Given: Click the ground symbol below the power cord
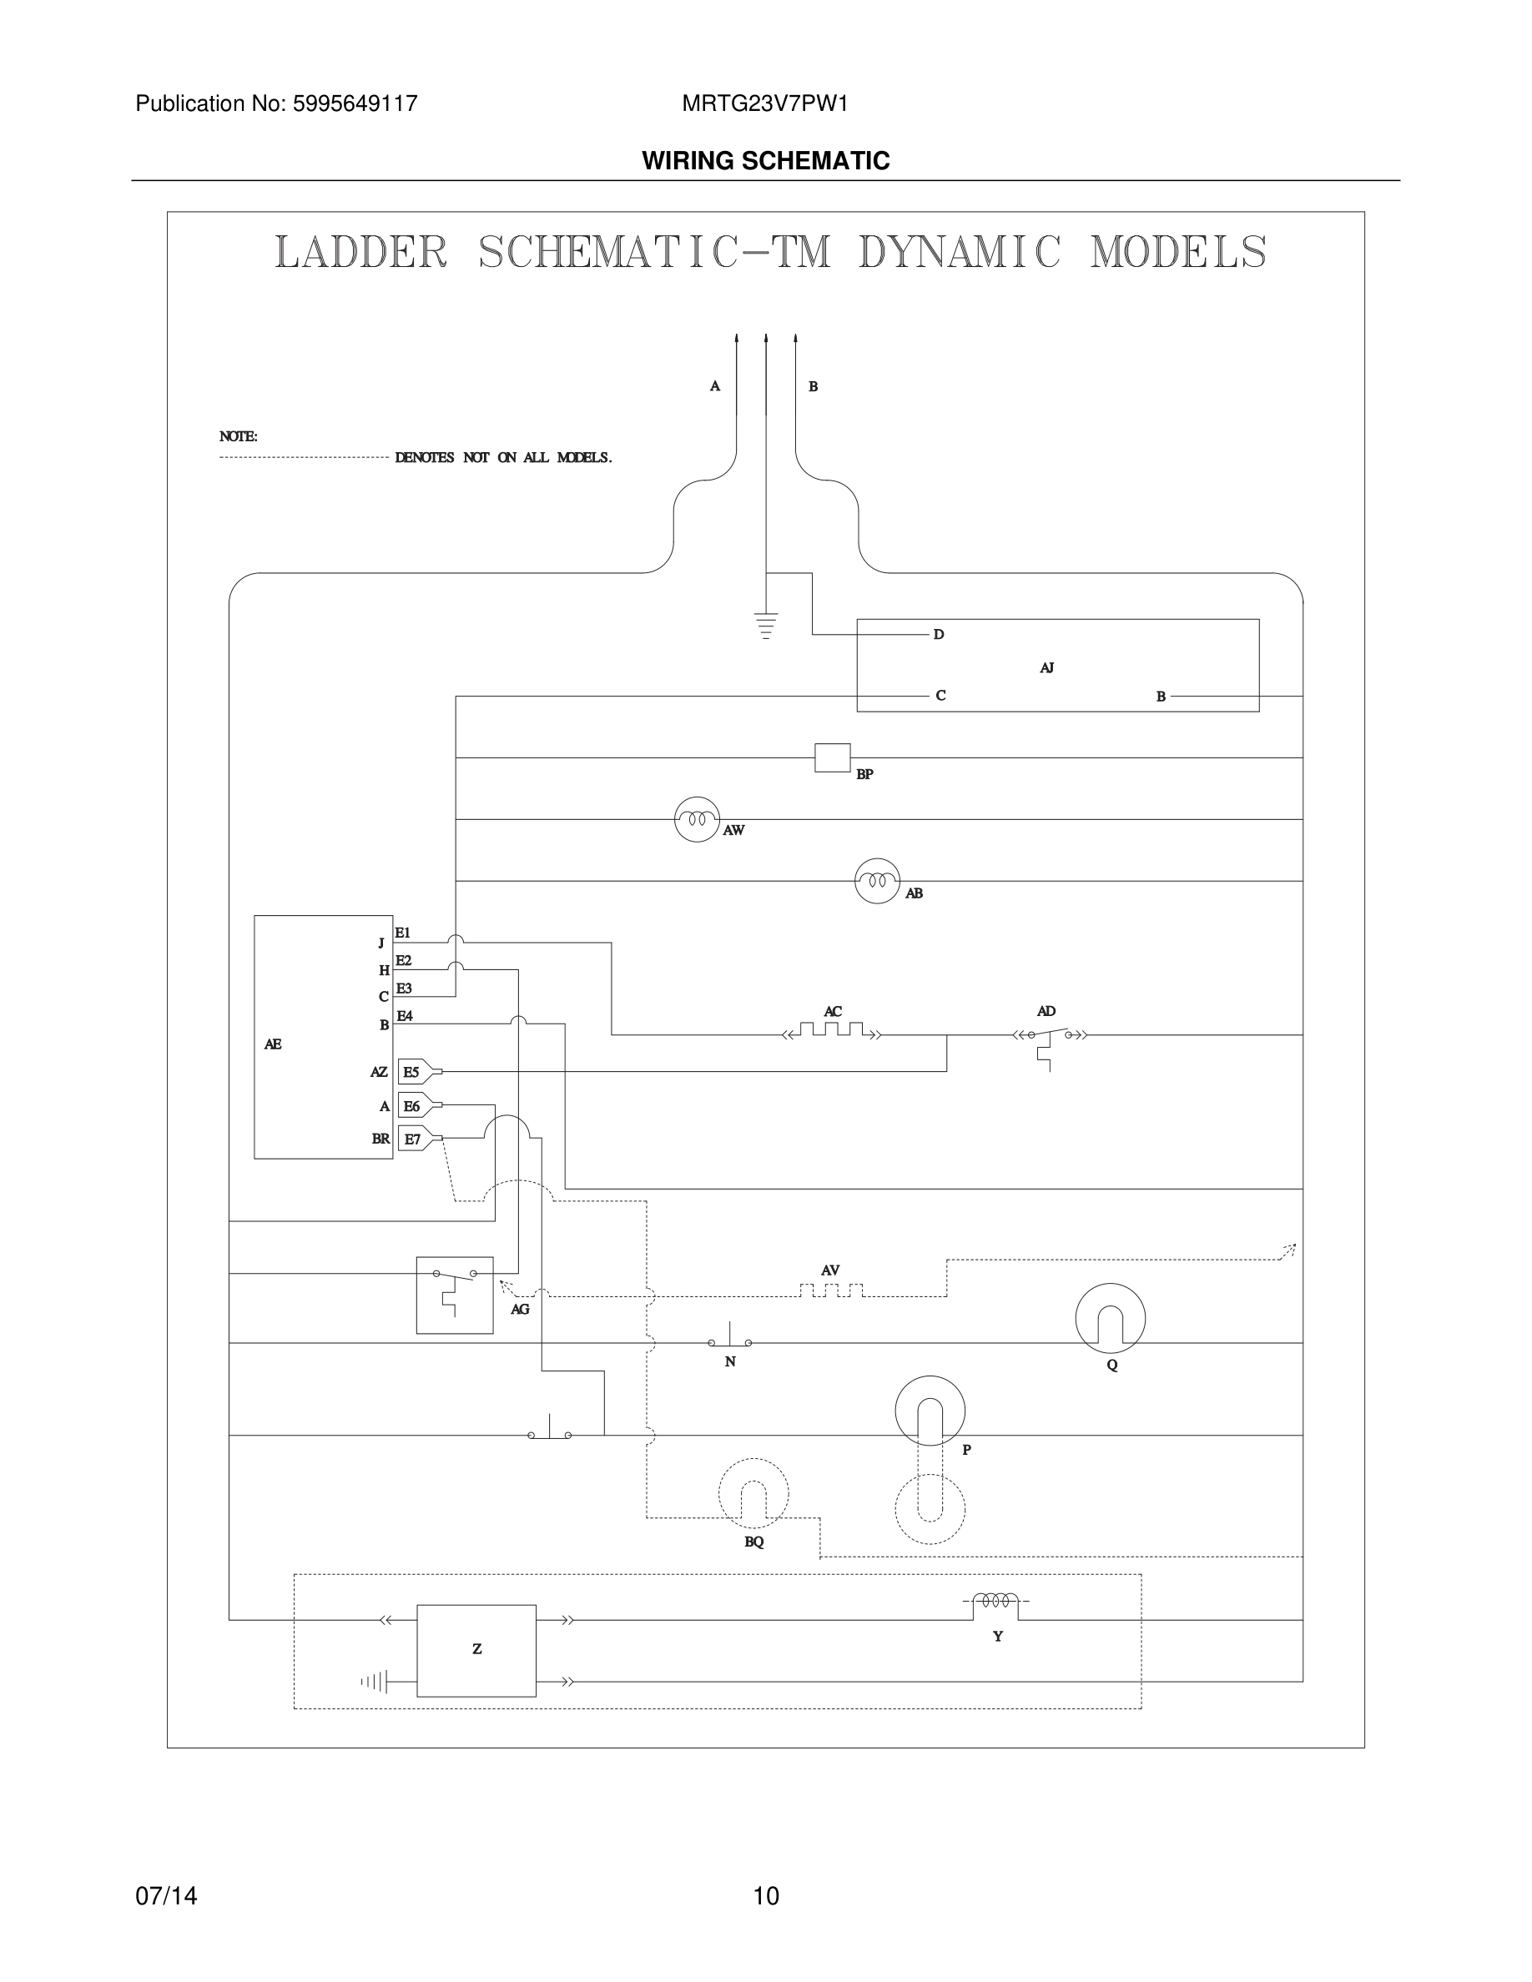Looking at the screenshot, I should coord(766,626).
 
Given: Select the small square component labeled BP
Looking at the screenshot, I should coord(832,757).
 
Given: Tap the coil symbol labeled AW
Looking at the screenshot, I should coord(697,819).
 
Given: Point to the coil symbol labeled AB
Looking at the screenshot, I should coord(877,880).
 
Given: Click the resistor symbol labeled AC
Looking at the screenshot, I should coord(831,1032).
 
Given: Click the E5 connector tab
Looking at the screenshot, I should coord(414,1072).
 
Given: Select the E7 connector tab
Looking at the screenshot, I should coord(415,1138).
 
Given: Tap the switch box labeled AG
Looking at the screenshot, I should coord(455,1295).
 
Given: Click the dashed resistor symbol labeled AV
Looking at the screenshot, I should coord(830,1290).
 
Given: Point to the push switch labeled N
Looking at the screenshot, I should coord(729,1341).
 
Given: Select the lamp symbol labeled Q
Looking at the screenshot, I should coord(1110,1319).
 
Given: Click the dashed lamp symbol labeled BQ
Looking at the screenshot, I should coord(753,1494).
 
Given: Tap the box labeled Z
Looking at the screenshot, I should coord(476,1650).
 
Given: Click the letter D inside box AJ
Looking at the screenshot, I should coord(940,634).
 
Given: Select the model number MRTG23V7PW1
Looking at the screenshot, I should coord(765,103).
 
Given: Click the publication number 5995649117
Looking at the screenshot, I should coord(355,103).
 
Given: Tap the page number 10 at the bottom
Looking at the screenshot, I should coord(766,1896).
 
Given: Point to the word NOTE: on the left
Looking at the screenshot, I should coord(239,436).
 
